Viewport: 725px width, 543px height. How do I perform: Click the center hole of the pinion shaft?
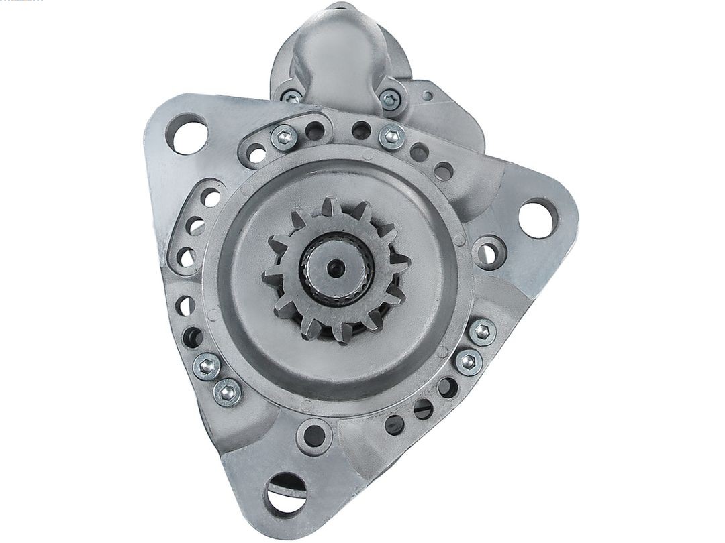pos(336,267)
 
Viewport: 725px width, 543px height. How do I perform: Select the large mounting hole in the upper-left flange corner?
pos(187,134)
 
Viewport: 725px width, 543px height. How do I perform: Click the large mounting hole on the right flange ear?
pos(537,219)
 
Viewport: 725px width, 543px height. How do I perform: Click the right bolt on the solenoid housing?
pos(390,100)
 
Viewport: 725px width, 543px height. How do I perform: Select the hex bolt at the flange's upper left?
pos(284,138)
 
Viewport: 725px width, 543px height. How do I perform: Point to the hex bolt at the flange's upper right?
pos(392,136)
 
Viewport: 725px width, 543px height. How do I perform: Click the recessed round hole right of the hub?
pos(488,253)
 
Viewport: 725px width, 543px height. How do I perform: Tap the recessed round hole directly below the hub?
pos(314,436)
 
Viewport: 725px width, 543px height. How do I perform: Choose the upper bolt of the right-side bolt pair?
pos(483,332)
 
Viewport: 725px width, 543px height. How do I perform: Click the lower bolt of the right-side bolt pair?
pos(469,362)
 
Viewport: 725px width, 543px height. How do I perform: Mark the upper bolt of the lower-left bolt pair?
pos(207,366)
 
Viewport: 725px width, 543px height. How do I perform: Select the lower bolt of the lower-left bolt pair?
pos(227,392)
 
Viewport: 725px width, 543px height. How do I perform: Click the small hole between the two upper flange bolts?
pos(361,131)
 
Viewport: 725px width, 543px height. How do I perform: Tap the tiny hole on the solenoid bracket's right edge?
pos(428,96)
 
